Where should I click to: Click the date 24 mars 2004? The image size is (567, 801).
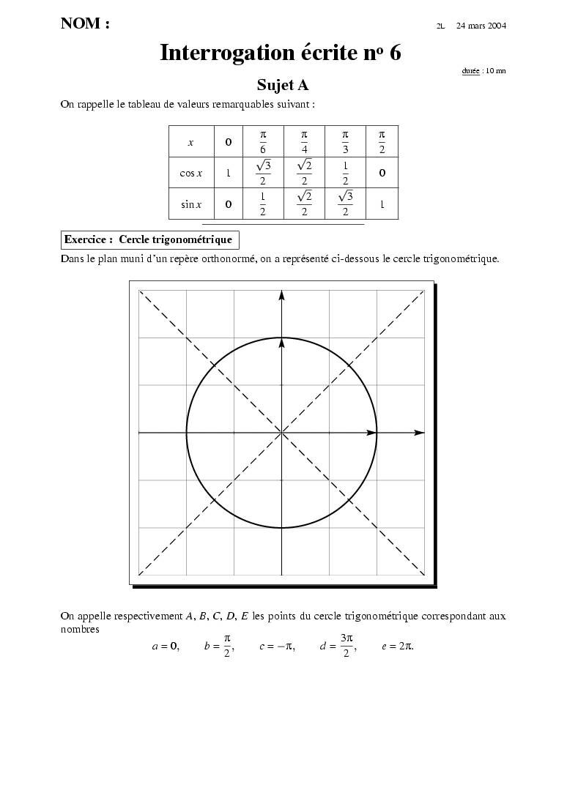[x=481, y=26]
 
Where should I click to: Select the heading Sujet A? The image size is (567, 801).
[x=282, y=85]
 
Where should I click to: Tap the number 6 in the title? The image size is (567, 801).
[x=395, y=53]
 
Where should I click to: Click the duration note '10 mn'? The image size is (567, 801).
[x=495, y=71]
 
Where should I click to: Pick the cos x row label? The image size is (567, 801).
[x=190, y=174]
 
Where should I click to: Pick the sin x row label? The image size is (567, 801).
[x=190, y=204]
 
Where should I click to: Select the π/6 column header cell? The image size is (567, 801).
[x=263, y=141]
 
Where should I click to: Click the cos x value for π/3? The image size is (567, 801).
[x=345, y=174]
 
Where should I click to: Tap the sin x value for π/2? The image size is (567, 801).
[x=382, y=204]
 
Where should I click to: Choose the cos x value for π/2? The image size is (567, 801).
[x=382, y=174]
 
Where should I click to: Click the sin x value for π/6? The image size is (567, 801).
[x=263, y=204]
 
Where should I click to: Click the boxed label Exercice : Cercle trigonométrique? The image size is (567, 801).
[x=149, y=239]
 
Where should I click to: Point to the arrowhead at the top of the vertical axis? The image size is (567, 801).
[x=281, y=294]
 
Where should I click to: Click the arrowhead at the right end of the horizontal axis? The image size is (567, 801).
[x=419, y=433]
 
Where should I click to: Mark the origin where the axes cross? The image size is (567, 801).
[x=281, y=433]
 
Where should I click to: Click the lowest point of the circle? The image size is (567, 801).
[x=281, y=528]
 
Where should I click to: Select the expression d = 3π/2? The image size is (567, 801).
[x=338, y=647]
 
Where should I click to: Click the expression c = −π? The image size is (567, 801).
[x=277, y=647]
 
